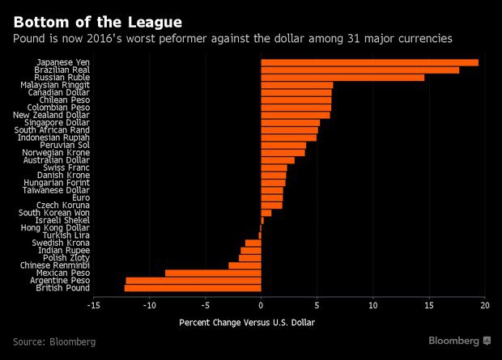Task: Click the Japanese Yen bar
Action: point(369,62)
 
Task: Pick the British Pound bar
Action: point(193,288)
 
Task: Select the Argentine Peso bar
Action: point(194,281)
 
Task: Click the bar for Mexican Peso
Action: point(213,273)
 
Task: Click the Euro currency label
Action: point(80,197)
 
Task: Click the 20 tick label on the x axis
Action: point(485,305)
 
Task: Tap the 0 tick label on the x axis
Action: point(261,305)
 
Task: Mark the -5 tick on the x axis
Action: point(205,305)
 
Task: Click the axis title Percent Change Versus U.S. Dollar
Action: point(246,323)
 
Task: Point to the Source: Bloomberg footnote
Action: point(53,342)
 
